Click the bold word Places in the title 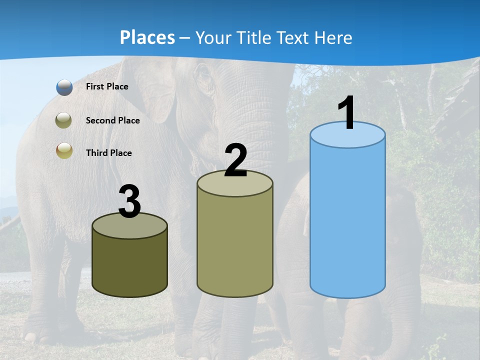147,37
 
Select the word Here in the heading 333,37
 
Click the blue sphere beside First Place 64,87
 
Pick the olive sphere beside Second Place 64,120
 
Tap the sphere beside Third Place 64,151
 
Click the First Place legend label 107,86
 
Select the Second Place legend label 112,120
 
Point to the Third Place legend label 108,153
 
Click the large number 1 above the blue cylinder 347,113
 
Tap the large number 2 235,160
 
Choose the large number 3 129,202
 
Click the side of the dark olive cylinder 129,265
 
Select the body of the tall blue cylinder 347,220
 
